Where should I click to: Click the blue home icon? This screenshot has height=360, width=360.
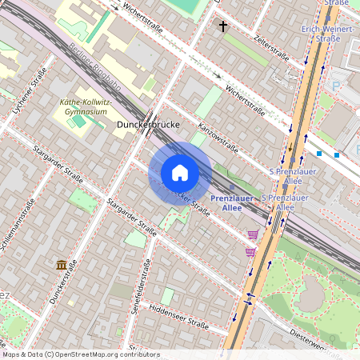coord(180,173)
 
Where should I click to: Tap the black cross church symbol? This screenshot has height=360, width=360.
coord(223,26)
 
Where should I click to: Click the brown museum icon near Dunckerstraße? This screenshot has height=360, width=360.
coord(62,264)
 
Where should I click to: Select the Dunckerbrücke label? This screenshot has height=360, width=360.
coord(146,126)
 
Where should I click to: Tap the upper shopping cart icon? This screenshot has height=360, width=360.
coord(254,234)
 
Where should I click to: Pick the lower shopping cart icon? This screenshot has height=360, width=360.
coord(250,251)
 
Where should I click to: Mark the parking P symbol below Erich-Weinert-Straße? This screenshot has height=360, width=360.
coord(336,86)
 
